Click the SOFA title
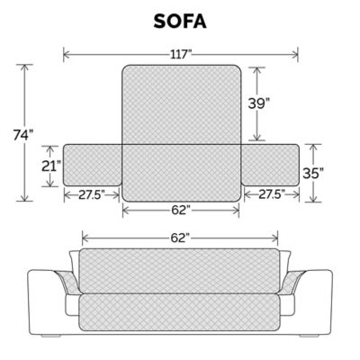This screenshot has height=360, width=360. [180, 21]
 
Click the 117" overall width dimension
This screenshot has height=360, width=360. [181, 54]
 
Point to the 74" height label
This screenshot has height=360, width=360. [23, 135]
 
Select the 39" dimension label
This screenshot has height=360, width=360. [257, 103]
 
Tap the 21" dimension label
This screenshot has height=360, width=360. [50, 166]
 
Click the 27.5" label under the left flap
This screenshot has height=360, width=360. [91, 193]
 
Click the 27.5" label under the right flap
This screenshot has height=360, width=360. [270, 193]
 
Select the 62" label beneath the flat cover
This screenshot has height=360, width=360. [180, 210]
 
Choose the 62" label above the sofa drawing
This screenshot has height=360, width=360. [180, 238]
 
